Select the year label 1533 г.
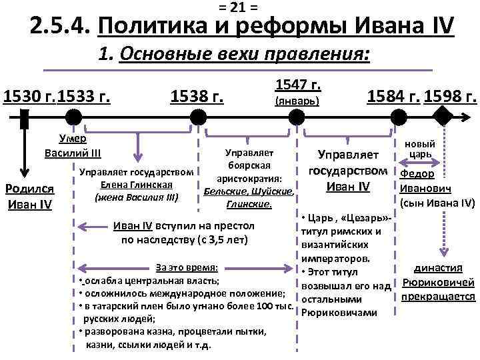(x=84, y=97)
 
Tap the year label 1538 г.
(x=198, y=97)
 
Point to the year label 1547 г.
(x=297, y=85)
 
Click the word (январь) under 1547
(x=297, y=101)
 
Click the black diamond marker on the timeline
(x=443, y=119)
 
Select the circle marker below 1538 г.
(x=198, y=119)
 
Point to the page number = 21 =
(x=239, y=7)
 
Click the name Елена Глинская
(x=137, y=185)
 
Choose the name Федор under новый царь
(x=418, y=174)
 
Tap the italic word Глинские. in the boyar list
(x=249, y=203)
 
